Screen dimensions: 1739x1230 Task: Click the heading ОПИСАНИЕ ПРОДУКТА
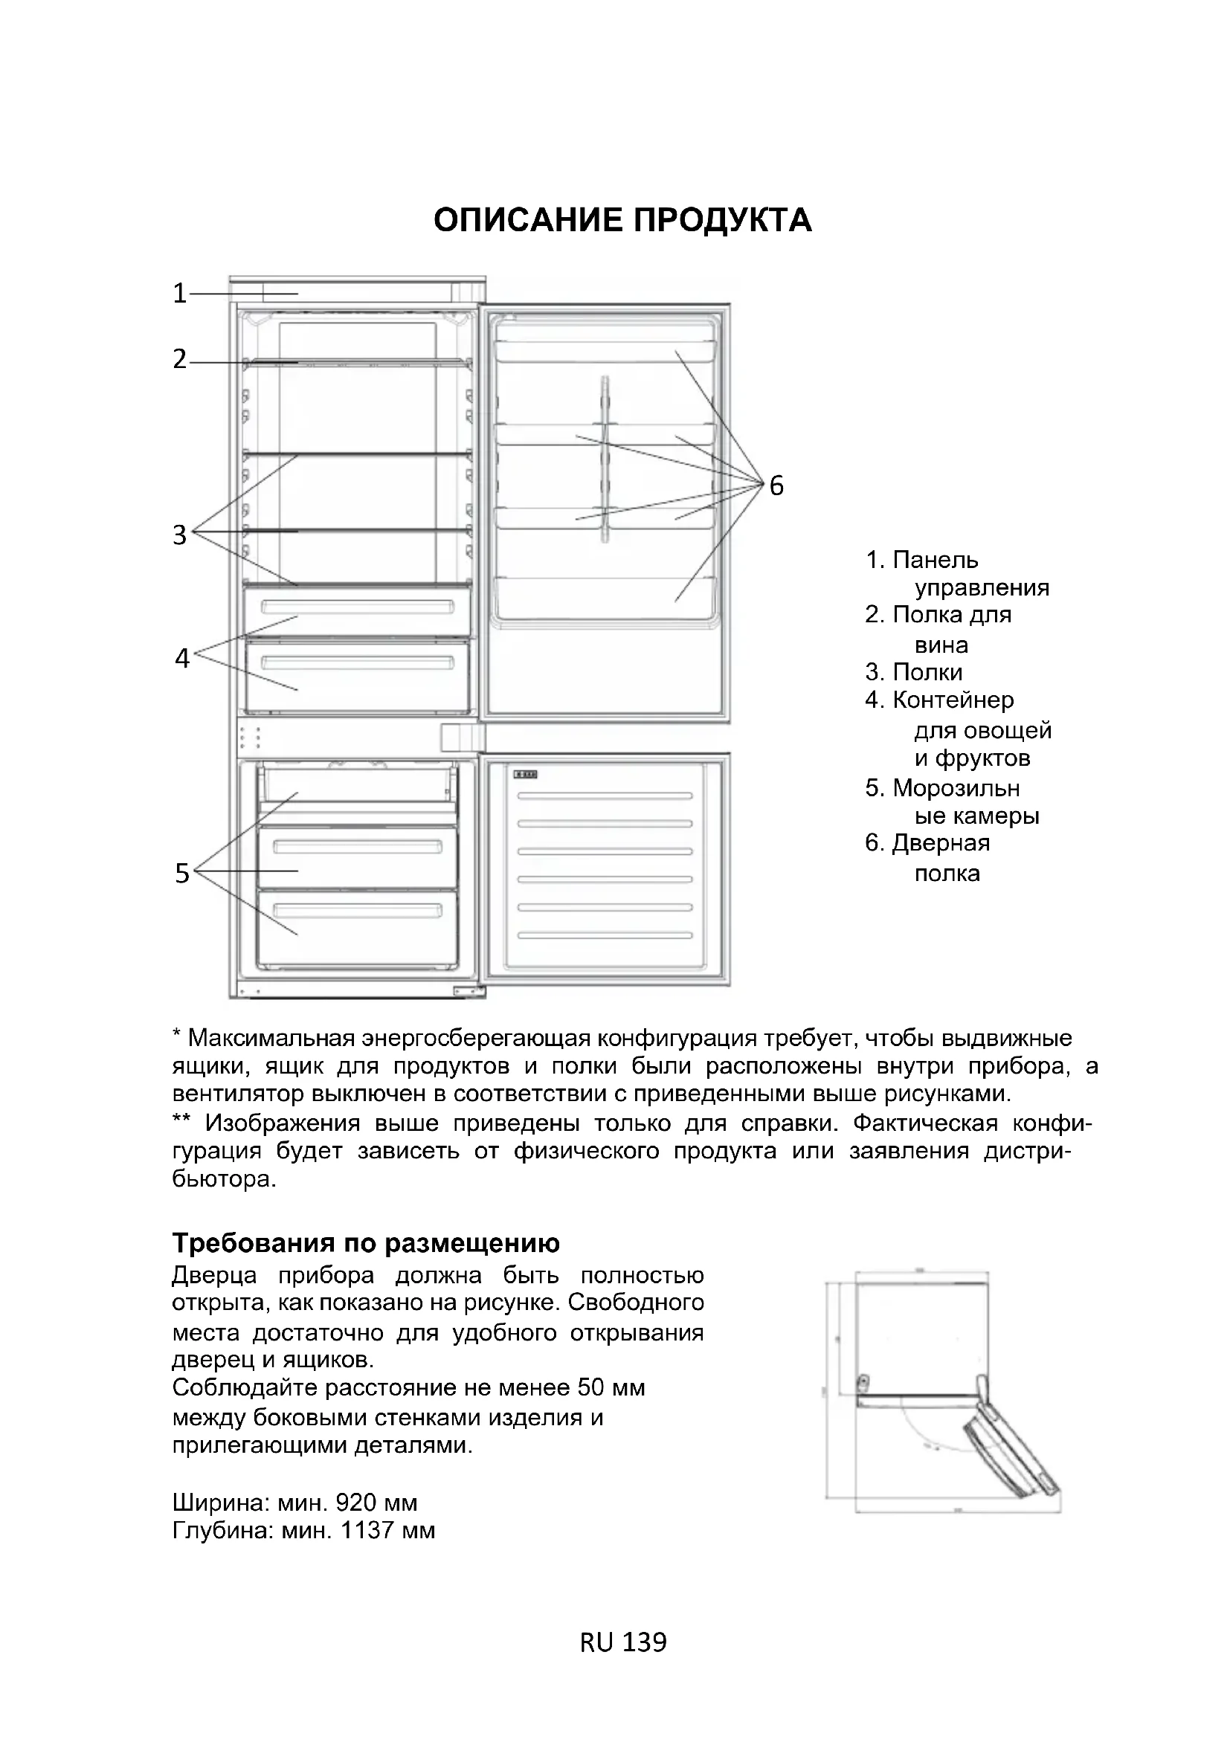622,220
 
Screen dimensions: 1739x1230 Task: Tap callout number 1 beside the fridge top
179,293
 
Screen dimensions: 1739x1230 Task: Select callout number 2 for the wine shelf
179,359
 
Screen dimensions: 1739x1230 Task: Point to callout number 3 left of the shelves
179,535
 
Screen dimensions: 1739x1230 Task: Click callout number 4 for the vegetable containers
181,657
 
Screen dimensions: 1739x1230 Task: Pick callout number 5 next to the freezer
181,874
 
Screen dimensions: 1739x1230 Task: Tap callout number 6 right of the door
776,485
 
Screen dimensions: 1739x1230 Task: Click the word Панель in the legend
935,561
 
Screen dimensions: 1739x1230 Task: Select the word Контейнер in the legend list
953,700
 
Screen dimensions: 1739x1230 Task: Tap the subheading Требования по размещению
366,1243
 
